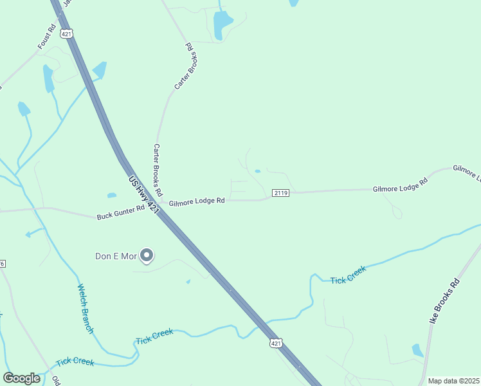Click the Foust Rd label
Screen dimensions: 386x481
46,39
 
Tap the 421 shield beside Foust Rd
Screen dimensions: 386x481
66,32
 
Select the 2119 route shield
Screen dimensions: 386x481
280,192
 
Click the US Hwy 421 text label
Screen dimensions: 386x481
143,196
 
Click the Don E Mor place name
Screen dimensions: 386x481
116,256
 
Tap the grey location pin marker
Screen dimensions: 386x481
147,255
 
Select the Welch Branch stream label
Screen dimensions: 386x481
86,309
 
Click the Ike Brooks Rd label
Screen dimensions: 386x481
445,301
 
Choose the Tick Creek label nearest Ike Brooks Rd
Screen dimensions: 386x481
348,275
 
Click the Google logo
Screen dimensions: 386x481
21,378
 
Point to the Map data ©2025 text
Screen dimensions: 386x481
453,381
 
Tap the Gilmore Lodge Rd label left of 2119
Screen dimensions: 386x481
197,201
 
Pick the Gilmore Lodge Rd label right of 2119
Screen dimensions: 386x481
400,187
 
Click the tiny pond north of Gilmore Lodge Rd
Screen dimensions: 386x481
258,171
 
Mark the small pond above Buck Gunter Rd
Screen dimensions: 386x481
112,195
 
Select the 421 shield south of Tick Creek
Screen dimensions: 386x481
276,344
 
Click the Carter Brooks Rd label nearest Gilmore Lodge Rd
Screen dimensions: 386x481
158,170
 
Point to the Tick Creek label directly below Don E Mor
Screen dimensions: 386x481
154,336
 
